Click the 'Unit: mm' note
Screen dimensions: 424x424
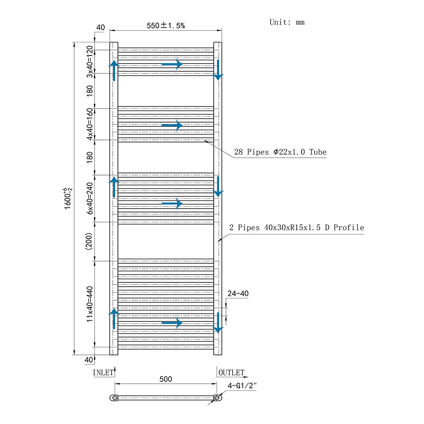(x=287, y=22)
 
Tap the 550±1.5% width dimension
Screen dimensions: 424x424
(x=166, y=26)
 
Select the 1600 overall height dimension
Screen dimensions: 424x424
(x=67, y=198)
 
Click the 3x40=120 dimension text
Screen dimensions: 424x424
(x=89, y=61)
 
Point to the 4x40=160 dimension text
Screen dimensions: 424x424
(x=89, y=124)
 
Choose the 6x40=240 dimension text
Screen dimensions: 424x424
(x=89, y=198)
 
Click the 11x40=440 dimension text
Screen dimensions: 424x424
(x=89, y=304)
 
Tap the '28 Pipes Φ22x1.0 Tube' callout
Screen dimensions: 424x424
(x=280, y=152)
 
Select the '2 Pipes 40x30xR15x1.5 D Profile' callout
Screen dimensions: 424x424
(x=297, y=228)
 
